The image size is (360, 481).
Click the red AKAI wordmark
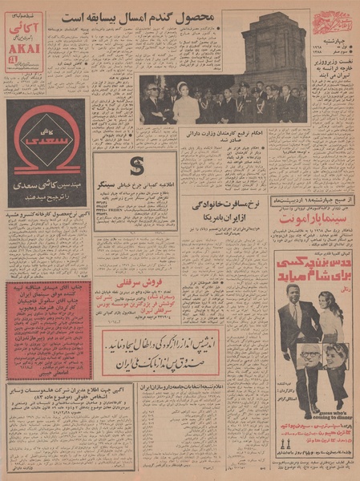[x=22, y=46]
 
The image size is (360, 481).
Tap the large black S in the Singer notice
[x=135, y=167]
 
